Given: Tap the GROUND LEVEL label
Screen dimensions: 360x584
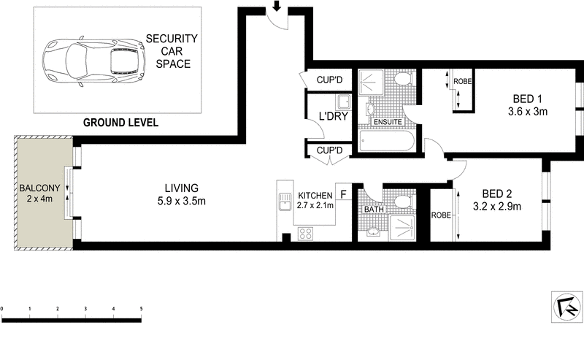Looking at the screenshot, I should pyautogui.click(x=120, y=122).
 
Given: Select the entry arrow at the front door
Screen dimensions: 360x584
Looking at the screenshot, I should pyautogui.click(x=277, y=7).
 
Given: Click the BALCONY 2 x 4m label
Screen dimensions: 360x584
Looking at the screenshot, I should pyautogui.click(x=34, y=192).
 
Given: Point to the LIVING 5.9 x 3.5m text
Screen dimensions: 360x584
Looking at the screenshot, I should pyautogui.click(x=181, y=194).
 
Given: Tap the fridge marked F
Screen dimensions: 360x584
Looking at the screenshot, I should pyautogui.click(x=342, y=195).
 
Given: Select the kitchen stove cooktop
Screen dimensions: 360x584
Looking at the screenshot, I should pyautogui.click(x=307, y=234).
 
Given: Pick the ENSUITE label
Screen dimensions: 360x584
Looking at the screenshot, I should pyautogui.click(x=387, y=121).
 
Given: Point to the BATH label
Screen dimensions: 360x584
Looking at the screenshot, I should pyautogui.click(x=374, y=210).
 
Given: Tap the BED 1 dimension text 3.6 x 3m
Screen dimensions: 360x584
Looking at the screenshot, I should pyautogui.click(x=527, y=112).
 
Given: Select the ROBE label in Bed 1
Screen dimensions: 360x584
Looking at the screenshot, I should pyautogui.click(x=462, y=81).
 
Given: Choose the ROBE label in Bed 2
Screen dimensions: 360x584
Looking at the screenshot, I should pyautogui.click(x=441, y=215).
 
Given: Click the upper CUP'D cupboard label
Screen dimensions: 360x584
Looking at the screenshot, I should pyautogui.click(x=329, y=80).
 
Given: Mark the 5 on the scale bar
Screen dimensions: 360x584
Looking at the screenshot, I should pyautogui.click(x=141, y=310).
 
